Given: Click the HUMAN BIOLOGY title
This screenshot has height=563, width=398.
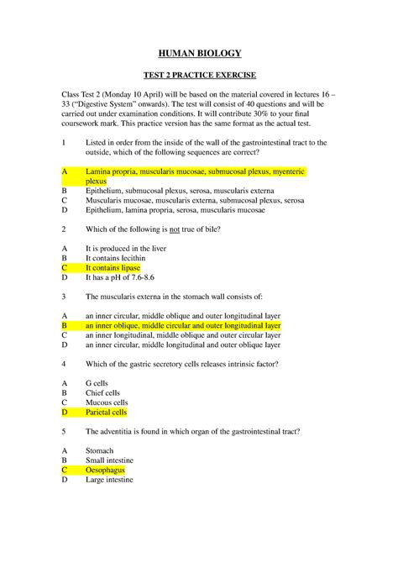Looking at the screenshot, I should tap(199, 54).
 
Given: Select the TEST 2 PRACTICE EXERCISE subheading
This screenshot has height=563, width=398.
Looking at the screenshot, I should tap(199, 74).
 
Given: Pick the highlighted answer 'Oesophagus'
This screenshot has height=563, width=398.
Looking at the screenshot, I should tap(105, 471).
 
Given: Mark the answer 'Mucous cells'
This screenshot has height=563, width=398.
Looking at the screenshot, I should tap(106, 403).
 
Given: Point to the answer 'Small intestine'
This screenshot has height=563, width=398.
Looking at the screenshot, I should tap(110, 460).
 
